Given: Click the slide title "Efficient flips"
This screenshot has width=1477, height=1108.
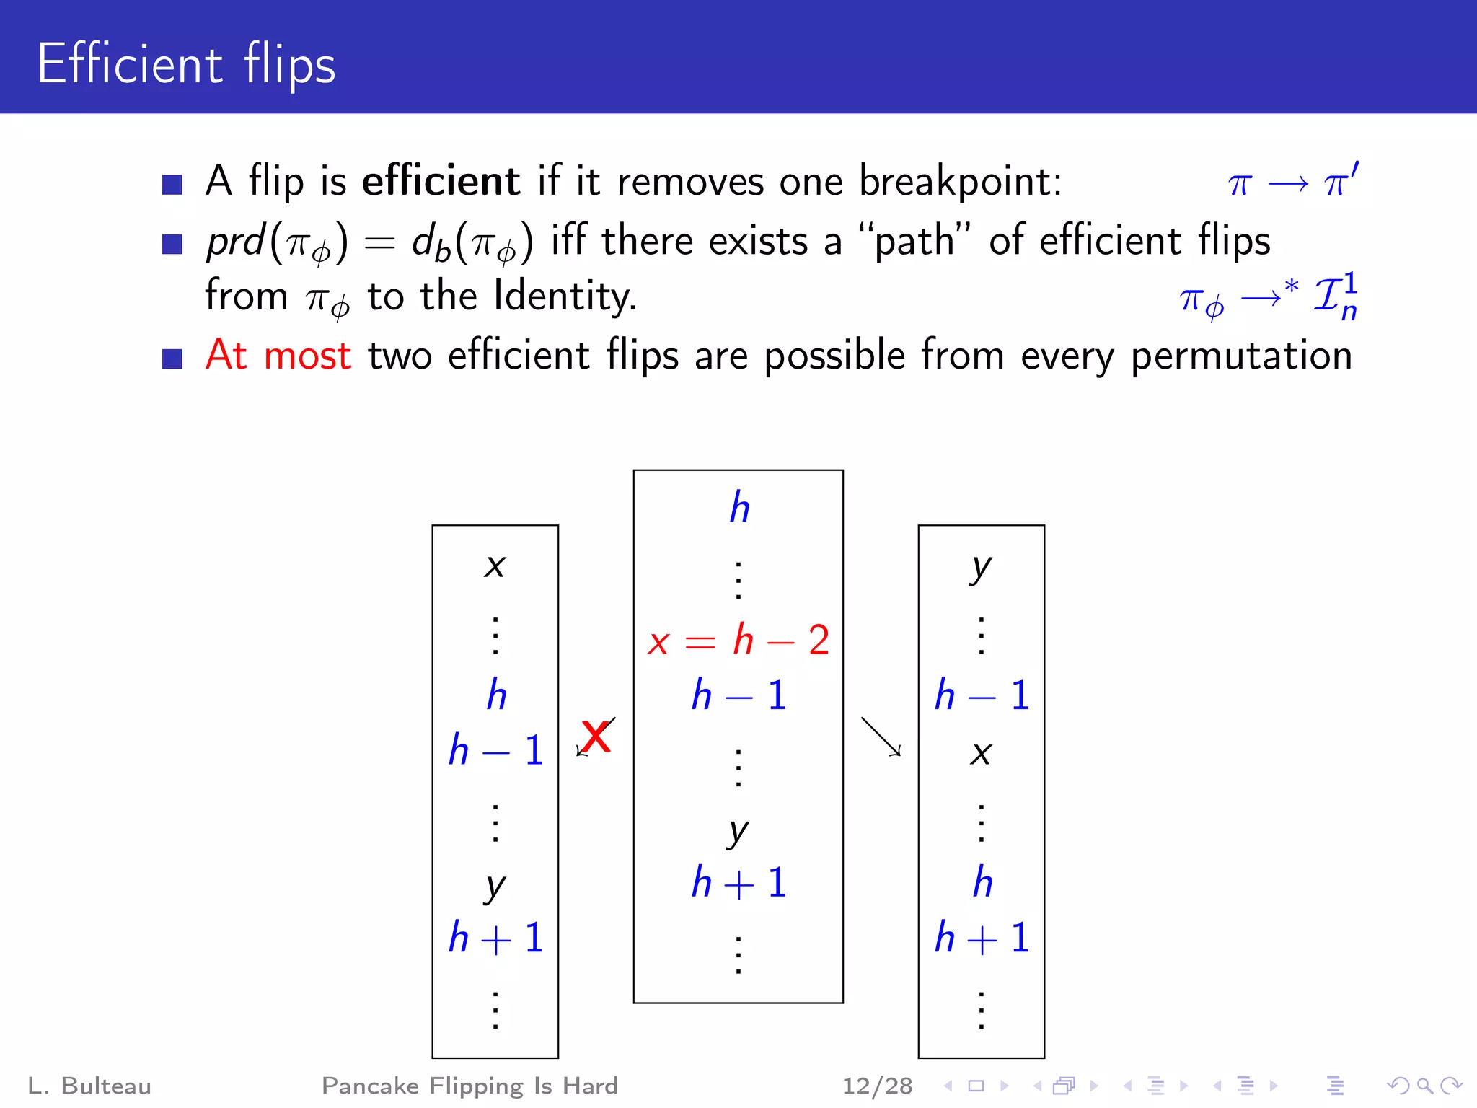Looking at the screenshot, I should (186, 64).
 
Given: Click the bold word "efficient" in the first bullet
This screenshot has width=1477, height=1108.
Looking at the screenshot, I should (441, 180).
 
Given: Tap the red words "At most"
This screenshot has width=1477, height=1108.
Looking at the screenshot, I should (278, 355).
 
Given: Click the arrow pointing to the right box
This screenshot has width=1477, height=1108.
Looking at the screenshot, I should (881, 737).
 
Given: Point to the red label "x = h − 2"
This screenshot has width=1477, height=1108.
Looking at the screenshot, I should (738, 641).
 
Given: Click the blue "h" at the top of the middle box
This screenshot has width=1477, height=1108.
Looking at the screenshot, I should (739, 508).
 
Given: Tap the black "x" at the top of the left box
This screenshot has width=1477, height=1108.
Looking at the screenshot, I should (495, 566).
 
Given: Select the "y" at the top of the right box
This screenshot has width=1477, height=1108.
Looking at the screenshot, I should (981, 568).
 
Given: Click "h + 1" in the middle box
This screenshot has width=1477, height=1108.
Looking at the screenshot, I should (738, 883).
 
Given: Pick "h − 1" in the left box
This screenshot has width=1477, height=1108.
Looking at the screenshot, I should (495, 751).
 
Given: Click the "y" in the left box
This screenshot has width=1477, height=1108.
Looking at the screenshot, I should (495, 887).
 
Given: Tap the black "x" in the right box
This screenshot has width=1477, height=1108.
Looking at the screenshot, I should (981, 754).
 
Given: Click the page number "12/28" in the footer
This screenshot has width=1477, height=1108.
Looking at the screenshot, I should (877, 1086).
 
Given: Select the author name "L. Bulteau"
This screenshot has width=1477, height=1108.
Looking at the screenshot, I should (89, 1086).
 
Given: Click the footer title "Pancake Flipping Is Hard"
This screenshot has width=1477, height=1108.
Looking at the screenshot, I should (469, 1086).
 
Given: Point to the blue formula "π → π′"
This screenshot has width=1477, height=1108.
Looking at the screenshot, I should (1293, 182).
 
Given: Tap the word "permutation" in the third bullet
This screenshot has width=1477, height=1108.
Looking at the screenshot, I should (1240, 356).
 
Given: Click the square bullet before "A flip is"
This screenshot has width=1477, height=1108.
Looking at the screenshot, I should (172, 185).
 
